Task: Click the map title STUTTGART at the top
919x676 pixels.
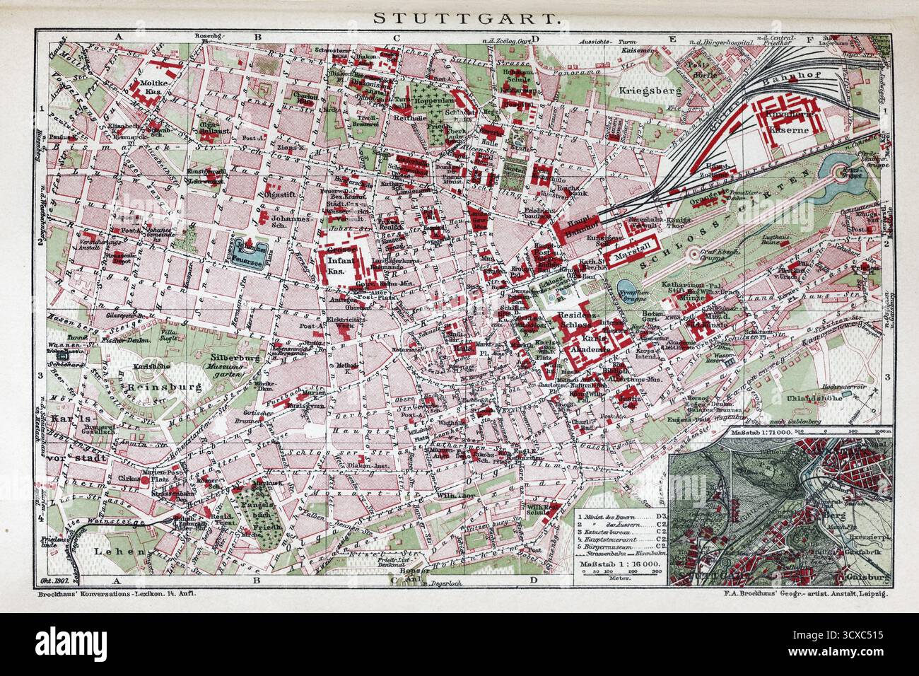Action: [459, 19]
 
